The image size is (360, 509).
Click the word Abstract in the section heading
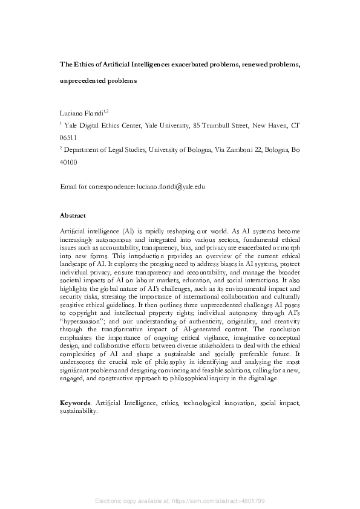tap(73, 215)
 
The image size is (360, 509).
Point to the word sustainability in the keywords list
tap(78, 410)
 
